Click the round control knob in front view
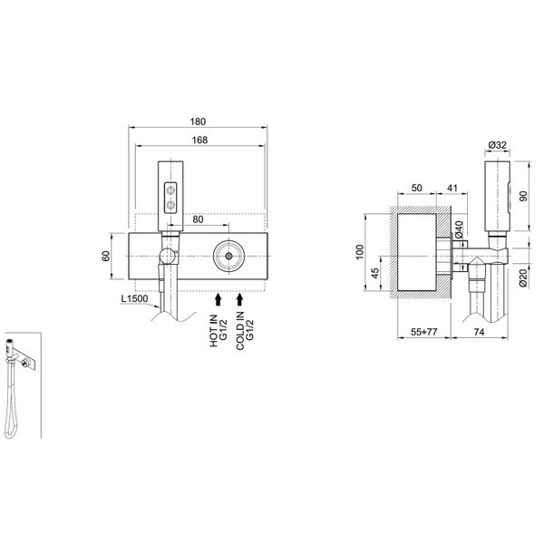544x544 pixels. point(228,256)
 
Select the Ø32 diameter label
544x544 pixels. point(497,146)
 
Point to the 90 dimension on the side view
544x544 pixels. point(523,198)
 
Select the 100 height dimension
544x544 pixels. point(359,250)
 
